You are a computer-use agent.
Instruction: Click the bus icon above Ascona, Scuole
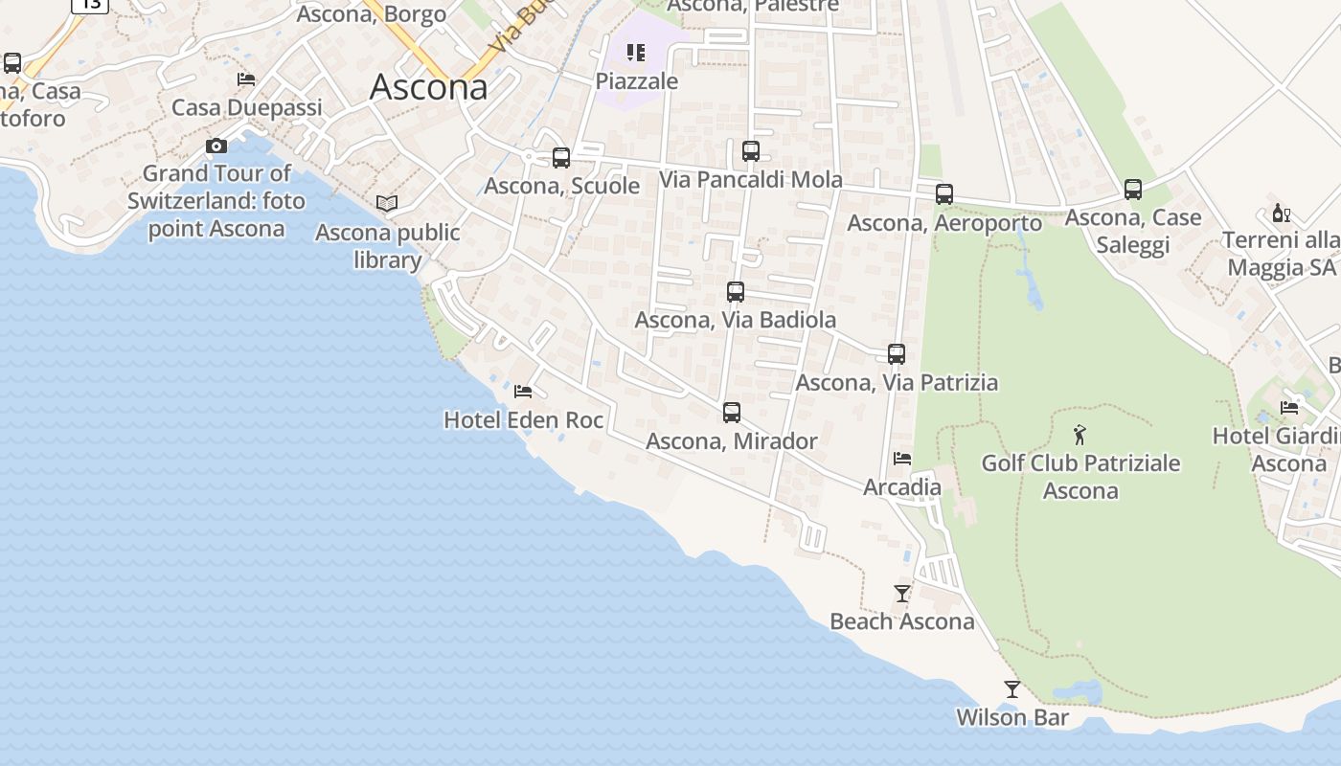[x=561, y=158]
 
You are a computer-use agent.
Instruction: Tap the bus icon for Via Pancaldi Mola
[x=751, y=151]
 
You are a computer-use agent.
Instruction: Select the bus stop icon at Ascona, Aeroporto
[x=944, y=194]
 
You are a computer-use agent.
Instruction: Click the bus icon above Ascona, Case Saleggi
[x=1133, y=190]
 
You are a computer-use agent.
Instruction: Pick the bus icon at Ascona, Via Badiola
[x=736, y=292]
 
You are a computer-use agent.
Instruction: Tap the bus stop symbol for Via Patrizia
[x=897, y=354]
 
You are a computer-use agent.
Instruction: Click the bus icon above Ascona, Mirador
[x=732, y=413]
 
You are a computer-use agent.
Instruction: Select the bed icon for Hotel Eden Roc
[x=523, y=392]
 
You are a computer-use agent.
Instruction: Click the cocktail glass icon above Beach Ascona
[x=902, y=594]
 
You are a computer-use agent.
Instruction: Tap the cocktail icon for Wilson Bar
[x=1012, y=689]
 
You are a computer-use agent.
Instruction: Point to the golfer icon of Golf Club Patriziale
[x=1080, y=435]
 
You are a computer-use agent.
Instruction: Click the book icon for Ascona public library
[x=387, y=204]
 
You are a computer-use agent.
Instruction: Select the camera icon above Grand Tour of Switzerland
[x=216, y=146]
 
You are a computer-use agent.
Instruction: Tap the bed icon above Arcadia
[x=902, y=459]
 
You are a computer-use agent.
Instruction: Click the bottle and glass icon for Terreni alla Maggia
[x=1281, y=213]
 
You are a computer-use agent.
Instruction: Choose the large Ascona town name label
[x=428, y=87]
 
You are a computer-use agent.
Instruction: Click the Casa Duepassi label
[x=247, y=107]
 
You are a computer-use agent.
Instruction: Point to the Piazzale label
[x=637, y=81]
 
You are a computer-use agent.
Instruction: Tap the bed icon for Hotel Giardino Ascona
[x=1289, y=408]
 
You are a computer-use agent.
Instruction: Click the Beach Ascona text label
[x=902, y=621]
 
